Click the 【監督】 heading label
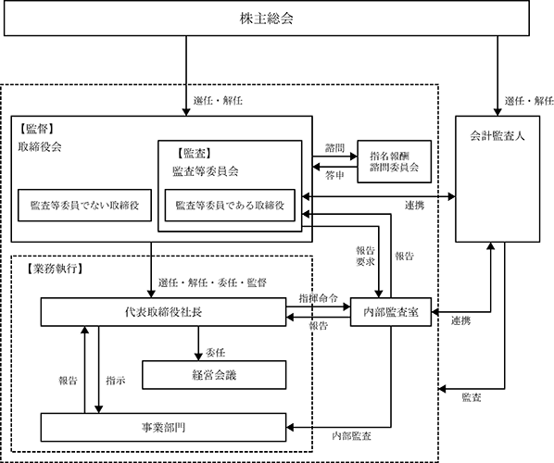pos(37,129)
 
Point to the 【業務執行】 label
pos(55,269)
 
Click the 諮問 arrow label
pos(334,148)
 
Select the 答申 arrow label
pos(334,175)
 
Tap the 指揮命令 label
pos(319,298)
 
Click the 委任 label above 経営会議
pos(215,353)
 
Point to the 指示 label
pos(116,381)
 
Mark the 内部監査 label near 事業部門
pos(351,436)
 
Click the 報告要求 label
pos(365,257)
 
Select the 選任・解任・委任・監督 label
pos(212,282)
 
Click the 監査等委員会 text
pos(206,171)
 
